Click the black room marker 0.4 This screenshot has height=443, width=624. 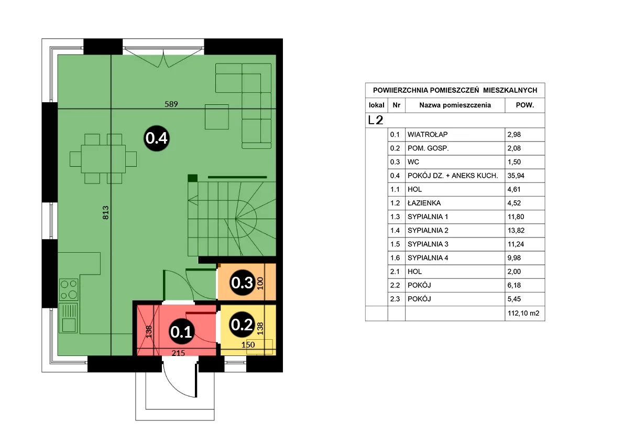pyautogui.click(x=157, y=138)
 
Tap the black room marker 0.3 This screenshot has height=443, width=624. pyautogui.click(x=242, y=283)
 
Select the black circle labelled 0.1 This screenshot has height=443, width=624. pyautogui.click(x=181, y=331)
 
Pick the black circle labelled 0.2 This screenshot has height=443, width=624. pyautogui.click(x=242, y=325)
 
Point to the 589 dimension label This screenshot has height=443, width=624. pyautogui.click(x=171, y=104)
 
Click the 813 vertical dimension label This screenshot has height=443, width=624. pyautogui.click(x=105, y=212)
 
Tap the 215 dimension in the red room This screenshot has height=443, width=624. pyautogui.click(x=178, y=353)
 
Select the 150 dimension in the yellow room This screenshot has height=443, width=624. pyautogui.click(x=248, y=344)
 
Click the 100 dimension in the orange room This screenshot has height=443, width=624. pyautogui.click(x=260, y=283)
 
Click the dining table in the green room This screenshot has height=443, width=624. pyautogui.click(x=103, y=158)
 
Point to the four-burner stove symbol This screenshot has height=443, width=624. pyautogui.click(x=69, y=289)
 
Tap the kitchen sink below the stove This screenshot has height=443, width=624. pyautogui.click(x=69, y=318)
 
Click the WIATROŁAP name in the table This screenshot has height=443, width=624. pyautogui.click(x=428, y=135)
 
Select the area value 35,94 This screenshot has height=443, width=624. pyautogui.click(x=516, y=176)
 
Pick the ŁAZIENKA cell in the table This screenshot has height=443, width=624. pyautogui.click(x=424, y=203)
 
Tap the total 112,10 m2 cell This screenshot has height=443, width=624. pyautogui.click(x=523, y=313)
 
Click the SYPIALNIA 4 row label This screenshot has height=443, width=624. pyautogui.click(x=428, y=258)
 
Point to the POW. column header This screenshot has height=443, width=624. pyautogui.click(x=525, y=105)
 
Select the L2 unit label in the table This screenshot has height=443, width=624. pyautogui.click(x=375, y=120)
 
